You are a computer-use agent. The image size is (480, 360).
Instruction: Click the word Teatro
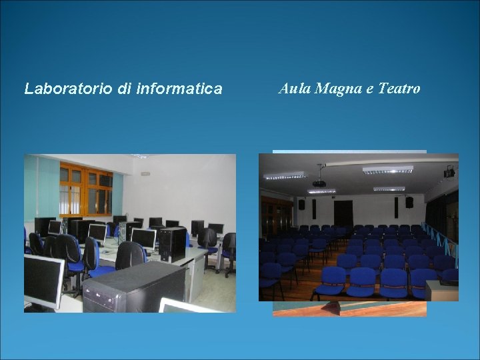tap(399, 88)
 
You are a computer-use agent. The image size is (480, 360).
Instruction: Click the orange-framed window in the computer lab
tap(86, 188)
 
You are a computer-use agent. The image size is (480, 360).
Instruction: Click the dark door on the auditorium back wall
tap(343, 211)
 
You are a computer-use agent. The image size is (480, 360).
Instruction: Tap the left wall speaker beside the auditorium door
tap(301, 205)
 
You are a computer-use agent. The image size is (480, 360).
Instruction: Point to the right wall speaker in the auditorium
tap(409, 202)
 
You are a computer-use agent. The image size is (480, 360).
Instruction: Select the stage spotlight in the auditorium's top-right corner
tap(449, 172)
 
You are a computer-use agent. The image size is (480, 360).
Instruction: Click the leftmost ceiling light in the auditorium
tap(285, 176)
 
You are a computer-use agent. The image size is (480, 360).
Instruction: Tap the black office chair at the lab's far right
tap(229, 252)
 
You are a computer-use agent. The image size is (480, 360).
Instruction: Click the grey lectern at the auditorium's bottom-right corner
tap(441, 290)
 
